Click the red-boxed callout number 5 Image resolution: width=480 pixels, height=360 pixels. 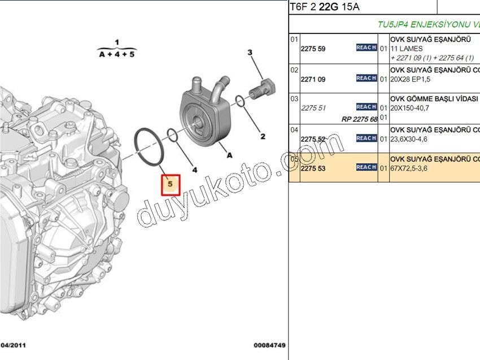pyautogui.click(x=171, y=185)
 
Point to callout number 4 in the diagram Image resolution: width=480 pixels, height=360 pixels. pyautogui.click(x=194, y=169)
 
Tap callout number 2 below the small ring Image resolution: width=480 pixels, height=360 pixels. pyautogui.click(x=263, y=136)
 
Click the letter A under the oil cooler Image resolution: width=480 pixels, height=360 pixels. pyautogui.click(x=230, y=154)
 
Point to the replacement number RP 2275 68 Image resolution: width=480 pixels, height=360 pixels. pyautogui.click(x=359, y=119)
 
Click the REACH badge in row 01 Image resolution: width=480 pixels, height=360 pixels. pyautogui.click(x=366, y=48)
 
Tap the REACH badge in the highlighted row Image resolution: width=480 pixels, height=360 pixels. pyautogui.click(x=366, y=167)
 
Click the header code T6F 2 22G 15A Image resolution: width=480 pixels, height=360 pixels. pyautogui.click(x=324, y=7)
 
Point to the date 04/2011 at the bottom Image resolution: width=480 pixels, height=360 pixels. pyautogui.click(x=13, y=345)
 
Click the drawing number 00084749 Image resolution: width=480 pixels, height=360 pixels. pyautogui.click(x=270, y=345)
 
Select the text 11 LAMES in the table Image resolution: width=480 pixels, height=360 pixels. pyautogui.click(x=407, y=49)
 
